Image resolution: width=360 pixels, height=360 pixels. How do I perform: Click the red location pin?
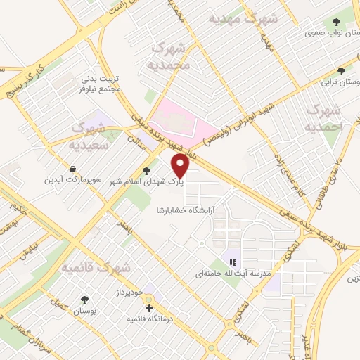pos(181,167)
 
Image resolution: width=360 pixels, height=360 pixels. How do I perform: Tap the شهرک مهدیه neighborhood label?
pos(243,18)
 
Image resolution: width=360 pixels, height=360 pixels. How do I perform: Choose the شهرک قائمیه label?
pos(95,268)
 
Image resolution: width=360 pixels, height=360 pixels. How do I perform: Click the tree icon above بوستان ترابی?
pos(342,71)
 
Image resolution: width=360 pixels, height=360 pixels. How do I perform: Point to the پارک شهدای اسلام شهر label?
pos(146,181)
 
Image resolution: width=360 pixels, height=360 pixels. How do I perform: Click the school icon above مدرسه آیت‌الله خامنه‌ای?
pos(233,262)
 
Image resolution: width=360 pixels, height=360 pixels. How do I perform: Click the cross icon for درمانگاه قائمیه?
pos(148,308)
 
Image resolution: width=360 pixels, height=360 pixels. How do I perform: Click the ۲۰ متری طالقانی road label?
pos(330,181)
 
